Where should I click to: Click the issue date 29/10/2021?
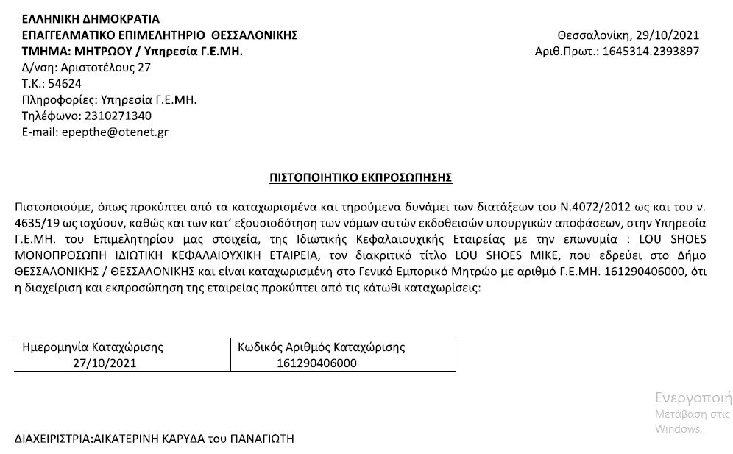[670, 35]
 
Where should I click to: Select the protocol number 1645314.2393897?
[650, 52]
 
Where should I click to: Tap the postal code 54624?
[65, 83]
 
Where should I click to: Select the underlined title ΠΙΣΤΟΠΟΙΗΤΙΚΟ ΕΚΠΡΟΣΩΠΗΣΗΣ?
[361, 177]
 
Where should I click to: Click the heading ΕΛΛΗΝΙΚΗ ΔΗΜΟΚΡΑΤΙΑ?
[91, 18]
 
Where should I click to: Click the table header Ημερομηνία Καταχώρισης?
[93, 347]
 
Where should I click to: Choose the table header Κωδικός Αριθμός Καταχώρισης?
[322, 347]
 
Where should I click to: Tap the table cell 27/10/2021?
[105, 363]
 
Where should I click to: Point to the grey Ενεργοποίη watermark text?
[693, 399]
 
